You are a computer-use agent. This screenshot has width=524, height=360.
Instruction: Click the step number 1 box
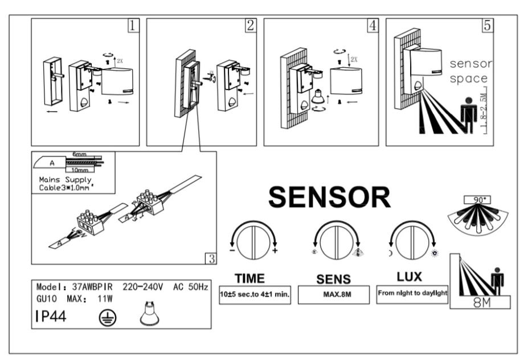click(x=132, y=26)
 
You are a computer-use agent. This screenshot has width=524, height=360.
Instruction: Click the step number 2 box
click(x=250, y=26)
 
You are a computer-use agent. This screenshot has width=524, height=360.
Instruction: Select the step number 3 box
click(x=211, y=259)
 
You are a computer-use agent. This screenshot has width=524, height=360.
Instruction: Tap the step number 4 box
click(x=372, y=26)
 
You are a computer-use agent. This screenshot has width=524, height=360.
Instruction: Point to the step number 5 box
click(x=488, y=26)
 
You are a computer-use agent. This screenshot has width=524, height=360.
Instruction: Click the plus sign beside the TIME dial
click(x=276, y=251)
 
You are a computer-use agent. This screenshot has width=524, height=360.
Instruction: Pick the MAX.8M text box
click(x=334, y=296)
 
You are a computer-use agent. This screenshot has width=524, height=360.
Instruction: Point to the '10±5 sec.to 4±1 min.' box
click(x=255, y=297)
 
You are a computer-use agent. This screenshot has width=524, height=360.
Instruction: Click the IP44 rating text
click(x=51, y=317)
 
